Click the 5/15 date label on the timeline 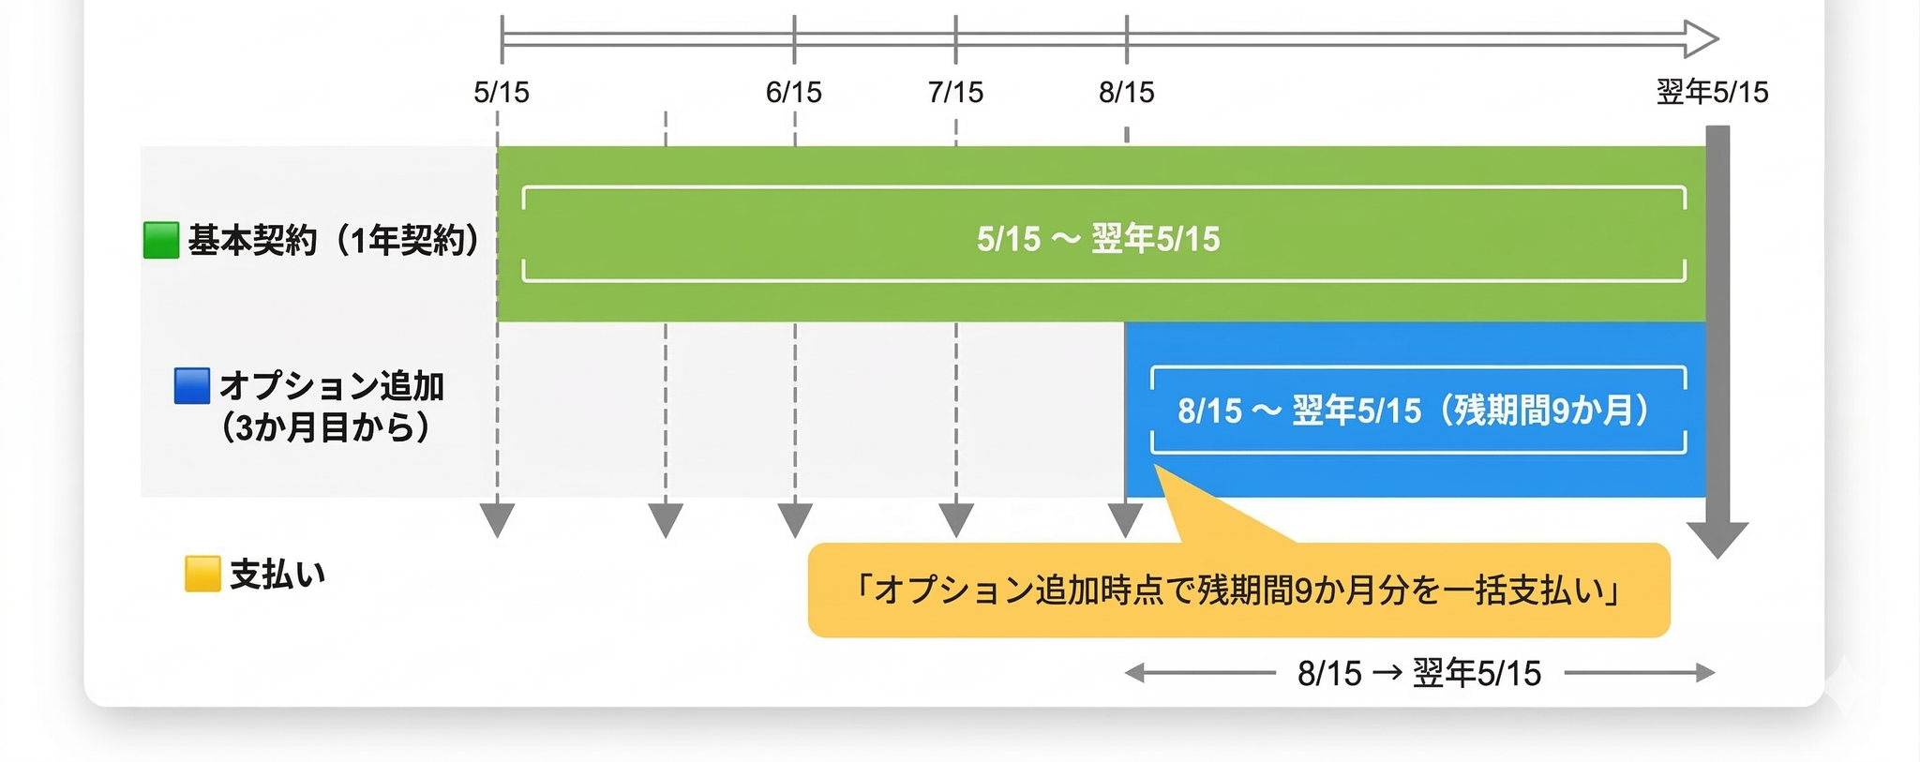[502, 92]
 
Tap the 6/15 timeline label [793, 92]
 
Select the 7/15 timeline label [955, 92]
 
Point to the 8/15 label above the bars [1126, 92]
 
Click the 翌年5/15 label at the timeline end [1712, 92]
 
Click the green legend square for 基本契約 [161, 240]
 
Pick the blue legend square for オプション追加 [192, 386]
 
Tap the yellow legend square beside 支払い [202, 574]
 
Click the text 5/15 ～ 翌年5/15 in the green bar [1098, 239]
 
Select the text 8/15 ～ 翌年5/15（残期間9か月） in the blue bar [1414, 411]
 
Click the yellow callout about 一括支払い [1238, 590]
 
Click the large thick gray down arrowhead [1717, 539]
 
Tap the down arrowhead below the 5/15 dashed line [497, 519]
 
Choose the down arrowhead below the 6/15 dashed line [795, 519]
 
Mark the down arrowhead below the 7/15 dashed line [956, 519]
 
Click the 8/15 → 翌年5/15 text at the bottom [1419, 673]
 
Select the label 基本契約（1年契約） [334, 241]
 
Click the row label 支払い [277, 574]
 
